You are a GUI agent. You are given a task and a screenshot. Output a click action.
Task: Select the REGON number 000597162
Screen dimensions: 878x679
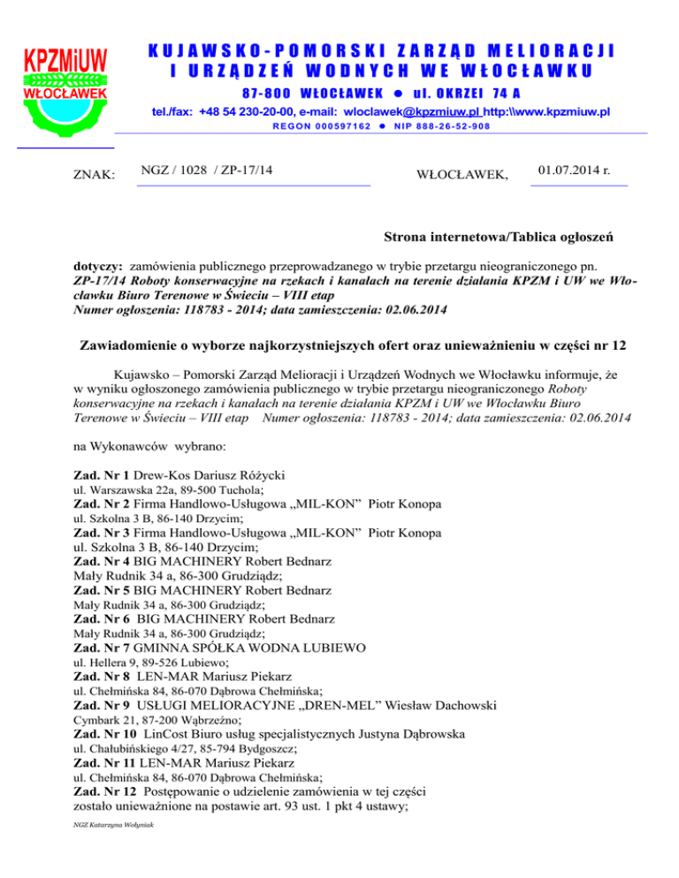pyautogui.click(x=314, y=129)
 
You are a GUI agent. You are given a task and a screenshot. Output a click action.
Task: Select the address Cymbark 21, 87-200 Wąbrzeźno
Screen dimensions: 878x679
pyautogui.click(x=146, y=721)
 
